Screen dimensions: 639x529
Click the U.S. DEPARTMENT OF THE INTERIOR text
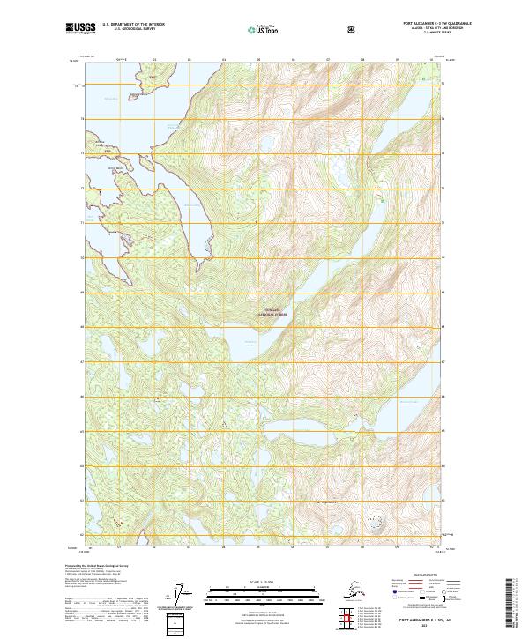pos(137,25)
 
